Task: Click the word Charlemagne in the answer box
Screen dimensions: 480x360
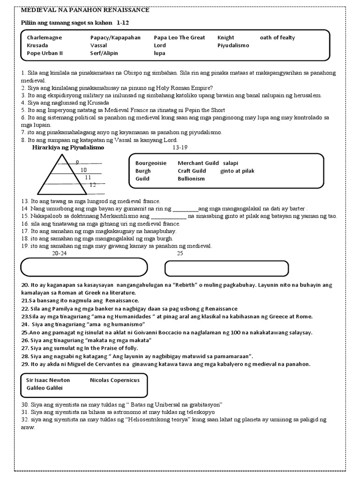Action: [x=44, y=37]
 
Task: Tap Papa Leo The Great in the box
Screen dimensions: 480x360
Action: [x=179, y=37]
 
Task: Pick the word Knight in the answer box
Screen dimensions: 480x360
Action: [x=225, y=37]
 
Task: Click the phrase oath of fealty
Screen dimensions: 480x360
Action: [x=277, y=37]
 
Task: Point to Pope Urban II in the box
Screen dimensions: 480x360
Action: [x=45, y=53]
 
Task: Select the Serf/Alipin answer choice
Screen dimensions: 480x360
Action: [x=104, y=53]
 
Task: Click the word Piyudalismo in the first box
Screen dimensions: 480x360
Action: [x=233, y=45]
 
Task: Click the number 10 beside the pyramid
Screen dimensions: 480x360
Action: [x=83, y=170]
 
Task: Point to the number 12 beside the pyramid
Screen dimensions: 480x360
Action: [x=92, y=185]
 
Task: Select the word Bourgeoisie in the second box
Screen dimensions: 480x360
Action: [x=151, y=163]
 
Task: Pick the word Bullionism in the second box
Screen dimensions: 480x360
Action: [x=191, y=179]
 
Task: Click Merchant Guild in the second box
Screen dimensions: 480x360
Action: [x=198, y=163]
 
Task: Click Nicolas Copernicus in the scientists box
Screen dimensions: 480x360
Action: [x=114, y=380]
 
